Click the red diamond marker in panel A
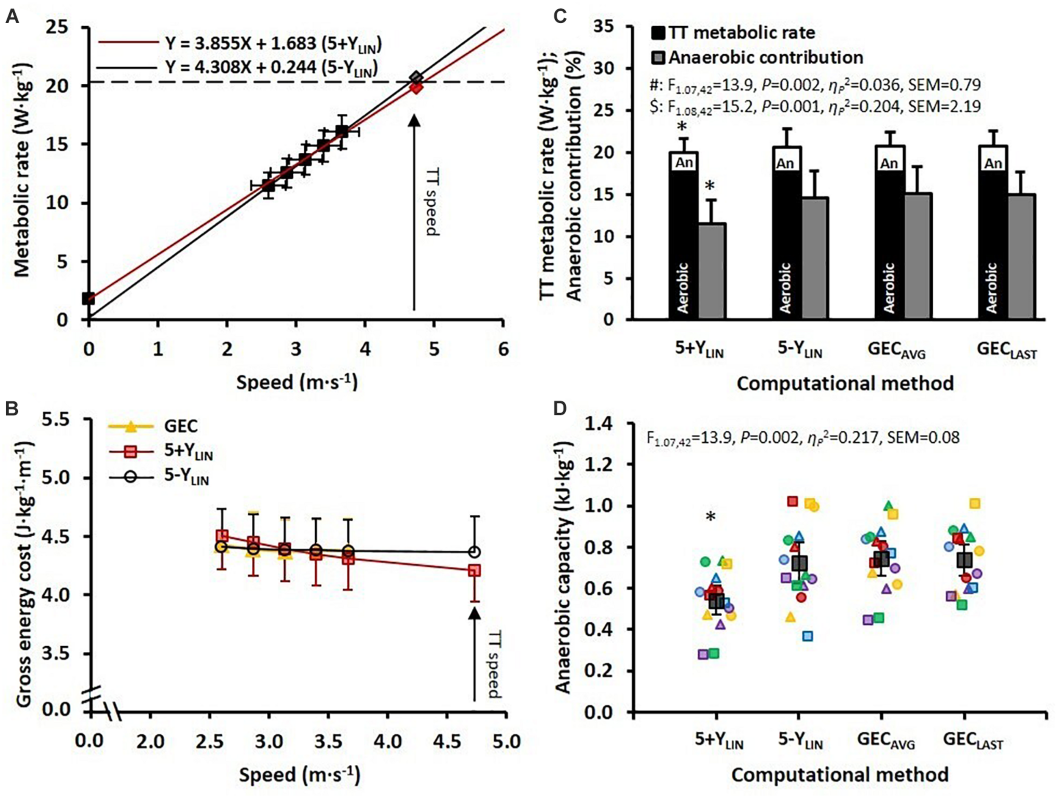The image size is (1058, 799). [416, 88]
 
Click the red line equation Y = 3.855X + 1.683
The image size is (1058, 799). [273, 44]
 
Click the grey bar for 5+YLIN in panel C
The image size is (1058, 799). [713, 271]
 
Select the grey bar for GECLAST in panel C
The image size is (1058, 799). [1022, 257]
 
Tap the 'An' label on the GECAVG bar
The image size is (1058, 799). [889, 164]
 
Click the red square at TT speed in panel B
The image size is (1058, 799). [474, 571]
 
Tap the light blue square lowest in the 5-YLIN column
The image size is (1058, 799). [808, 636]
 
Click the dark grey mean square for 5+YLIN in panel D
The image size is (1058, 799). [716, 601]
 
